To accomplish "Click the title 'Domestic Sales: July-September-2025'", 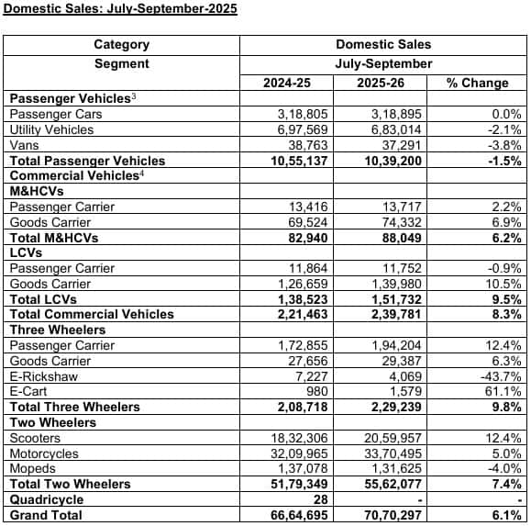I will (x=119, y=10).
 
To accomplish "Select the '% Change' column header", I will (x=476, y=83).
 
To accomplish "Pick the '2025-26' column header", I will (x=384, y=83).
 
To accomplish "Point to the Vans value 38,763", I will (x=306, y=145).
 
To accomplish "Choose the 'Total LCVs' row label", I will (x=42, y=298).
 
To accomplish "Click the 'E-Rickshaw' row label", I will (x=41, y=375).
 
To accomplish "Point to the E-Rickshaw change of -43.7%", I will (x=500, y=375).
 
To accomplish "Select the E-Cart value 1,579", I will (x=404, y=391).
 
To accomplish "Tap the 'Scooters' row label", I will (x=36, y=438).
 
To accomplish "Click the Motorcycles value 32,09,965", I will (x=298, y=453).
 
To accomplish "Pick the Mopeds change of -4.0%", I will (x=503, y=468).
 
